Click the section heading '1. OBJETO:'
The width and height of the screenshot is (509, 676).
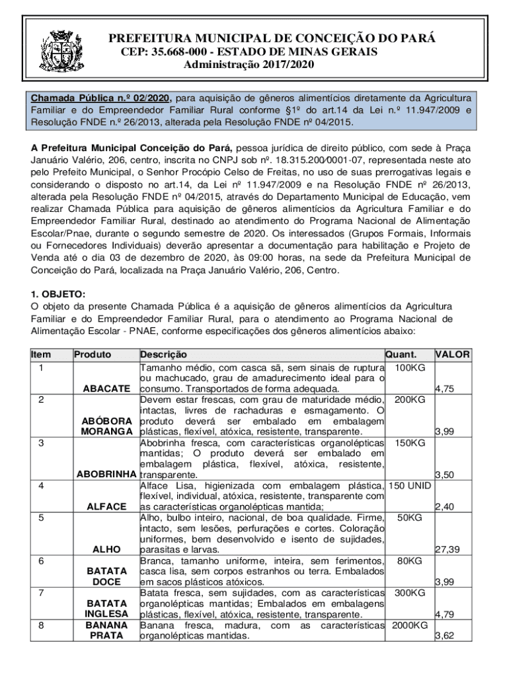click(58, 294)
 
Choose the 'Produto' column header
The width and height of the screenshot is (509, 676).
click(93, 355)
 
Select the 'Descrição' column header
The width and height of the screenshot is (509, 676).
click(163, 355)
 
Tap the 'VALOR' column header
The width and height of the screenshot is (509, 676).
click(452, 355)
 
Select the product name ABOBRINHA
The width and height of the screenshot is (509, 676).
click(106, 475)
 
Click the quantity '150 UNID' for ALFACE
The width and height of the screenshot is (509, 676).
click(410, 486)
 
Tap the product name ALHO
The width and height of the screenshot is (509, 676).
click(106, 549)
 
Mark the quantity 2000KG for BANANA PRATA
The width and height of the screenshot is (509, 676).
click(410, 625)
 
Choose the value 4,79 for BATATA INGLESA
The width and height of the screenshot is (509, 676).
click(444, 615)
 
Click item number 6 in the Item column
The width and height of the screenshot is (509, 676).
click(41, 560)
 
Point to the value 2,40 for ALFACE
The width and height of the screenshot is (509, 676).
click(444, 506)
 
